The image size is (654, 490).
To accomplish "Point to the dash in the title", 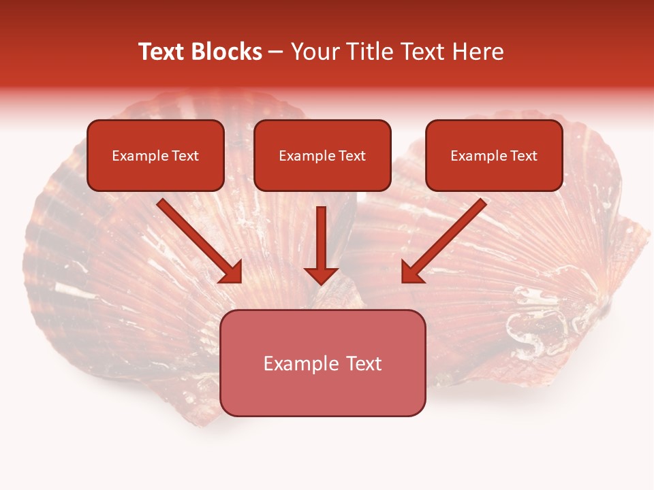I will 276,52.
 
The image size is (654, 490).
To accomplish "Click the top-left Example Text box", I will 155,155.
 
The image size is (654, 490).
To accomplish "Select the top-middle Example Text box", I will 322,155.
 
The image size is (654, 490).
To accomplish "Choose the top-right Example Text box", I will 494,155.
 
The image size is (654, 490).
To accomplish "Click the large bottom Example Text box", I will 322,363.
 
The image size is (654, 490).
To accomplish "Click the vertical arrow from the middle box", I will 321,242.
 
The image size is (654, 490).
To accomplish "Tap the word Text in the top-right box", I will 523,156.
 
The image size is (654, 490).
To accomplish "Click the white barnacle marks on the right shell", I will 538,320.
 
